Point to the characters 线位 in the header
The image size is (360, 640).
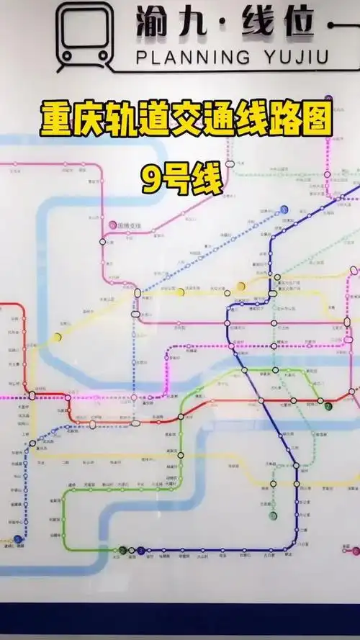click(x=276, y=23)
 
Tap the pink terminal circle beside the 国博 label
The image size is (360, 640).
click(x=112, y=225)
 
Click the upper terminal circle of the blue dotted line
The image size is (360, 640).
click(x=284, y=209)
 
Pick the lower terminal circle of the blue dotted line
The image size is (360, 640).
click(x=18, y=538)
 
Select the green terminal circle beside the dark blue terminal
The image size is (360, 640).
click(x=123, y=551)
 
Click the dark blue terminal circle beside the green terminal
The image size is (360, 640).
click(x=140, y=551)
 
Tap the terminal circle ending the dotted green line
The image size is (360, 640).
click(x=272, y=515)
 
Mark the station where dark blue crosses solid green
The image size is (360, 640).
click(x=246, y=371)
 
